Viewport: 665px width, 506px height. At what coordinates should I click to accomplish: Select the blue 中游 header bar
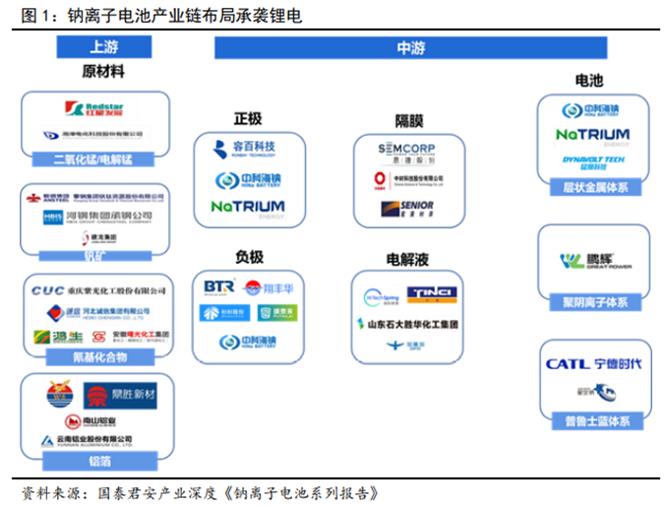tap(409, 46)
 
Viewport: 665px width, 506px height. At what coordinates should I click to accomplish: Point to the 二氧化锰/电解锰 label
tap(95, 158)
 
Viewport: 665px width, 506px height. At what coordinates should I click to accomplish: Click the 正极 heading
tap(247, 118)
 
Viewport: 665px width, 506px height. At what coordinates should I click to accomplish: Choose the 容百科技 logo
tap(248, 148)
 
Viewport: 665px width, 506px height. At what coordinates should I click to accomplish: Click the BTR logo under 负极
tap(216, 286)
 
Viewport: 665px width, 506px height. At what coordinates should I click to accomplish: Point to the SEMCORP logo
tap(406, 149)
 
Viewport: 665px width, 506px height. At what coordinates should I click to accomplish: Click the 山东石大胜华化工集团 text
tap(407, 323)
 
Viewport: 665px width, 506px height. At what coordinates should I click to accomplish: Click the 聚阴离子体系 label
tap(592, 302)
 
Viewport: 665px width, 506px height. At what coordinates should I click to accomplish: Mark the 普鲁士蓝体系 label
tap(592, 421)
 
